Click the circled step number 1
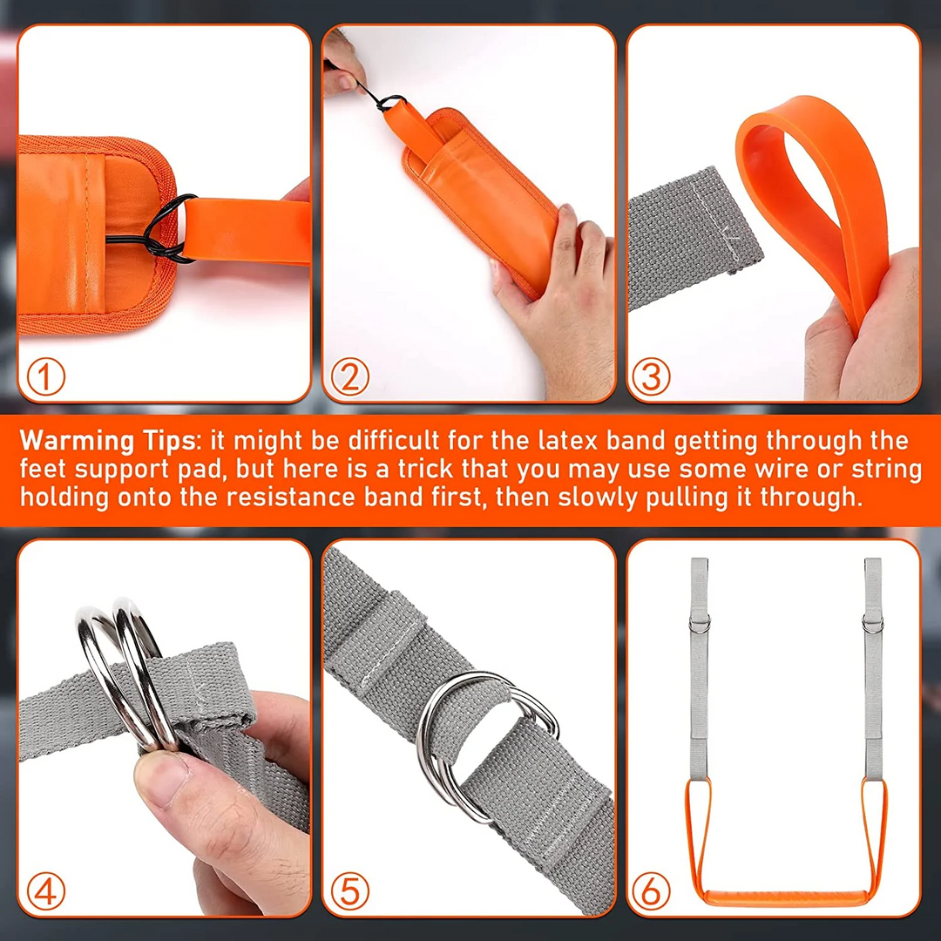[46, 377]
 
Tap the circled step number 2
[350, 377]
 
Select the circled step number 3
[652, 377]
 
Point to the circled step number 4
[46, 891]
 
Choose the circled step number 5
[350, 891]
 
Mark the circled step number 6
[652, 891]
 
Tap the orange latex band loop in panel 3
[810, 192]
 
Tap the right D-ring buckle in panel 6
[871, 624]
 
